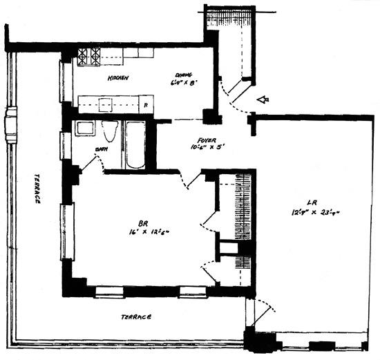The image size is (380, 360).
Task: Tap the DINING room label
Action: click(x=183, y=75)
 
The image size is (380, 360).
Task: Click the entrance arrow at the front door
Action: click(x=262, y=101)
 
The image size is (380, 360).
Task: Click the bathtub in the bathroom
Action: click(x=134, y=144)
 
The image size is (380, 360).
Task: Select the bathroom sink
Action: click(x=85, y=128)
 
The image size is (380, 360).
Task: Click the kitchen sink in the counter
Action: click(x=105, y=104)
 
